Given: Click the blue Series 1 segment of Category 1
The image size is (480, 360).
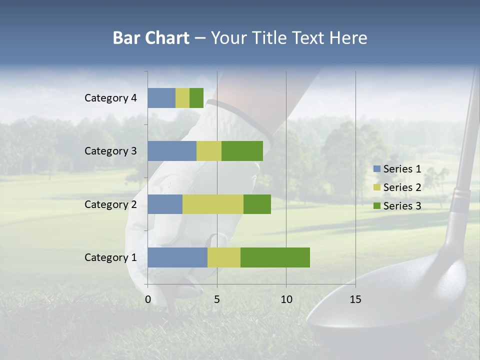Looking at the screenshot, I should click(x=177, y=257).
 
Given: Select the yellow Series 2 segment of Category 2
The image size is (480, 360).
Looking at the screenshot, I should click(x=213, y=204).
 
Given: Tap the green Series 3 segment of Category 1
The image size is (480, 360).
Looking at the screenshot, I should click(x=275, y=257).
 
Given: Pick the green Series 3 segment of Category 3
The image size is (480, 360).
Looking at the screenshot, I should click(x=242, y=151).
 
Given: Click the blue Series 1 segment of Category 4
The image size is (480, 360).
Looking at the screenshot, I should click(x=161, y=98).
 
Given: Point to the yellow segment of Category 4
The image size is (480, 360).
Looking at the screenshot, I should click(x=182, y=98).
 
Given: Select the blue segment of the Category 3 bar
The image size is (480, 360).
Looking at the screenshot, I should click(x=172, y=151).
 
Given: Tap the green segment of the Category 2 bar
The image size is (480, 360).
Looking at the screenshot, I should click(x=257, y=204).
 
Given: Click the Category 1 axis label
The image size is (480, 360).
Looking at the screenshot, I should click(x=110, y=257).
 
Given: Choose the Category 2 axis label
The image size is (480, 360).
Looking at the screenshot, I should click(x=110, y=204).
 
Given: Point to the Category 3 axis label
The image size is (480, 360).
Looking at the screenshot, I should click(x=110, y=151).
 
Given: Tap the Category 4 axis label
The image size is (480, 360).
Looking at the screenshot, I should click(x=110, y=98).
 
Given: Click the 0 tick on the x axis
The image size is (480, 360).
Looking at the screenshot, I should click(x=148, y=299).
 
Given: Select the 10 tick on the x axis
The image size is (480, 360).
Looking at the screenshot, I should click(x=286, y=299).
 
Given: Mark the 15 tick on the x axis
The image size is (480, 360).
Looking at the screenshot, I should click(x=355, y=299).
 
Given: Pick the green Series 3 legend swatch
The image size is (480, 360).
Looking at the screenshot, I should click(x=377, y=206).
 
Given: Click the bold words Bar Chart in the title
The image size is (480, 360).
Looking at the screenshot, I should click(x=151, y=38).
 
